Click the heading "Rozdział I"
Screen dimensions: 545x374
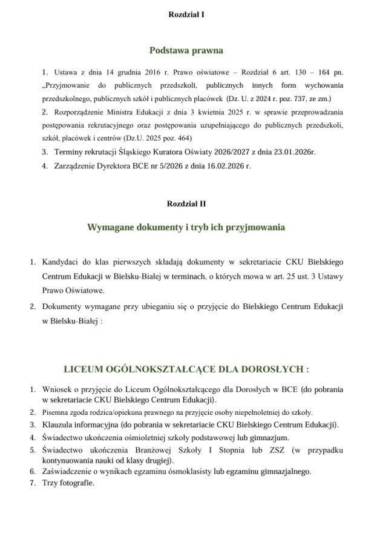[x=186, y=13]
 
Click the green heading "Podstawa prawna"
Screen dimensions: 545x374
[x=186, y=50]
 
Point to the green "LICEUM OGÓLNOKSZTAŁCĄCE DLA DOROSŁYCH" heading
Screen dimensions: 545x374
[x=186, y=369]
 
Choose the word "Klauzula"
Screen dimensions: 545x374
[x=59, y=424]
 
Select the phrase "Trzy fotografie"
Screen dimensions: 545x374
[x=69, y=483]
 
